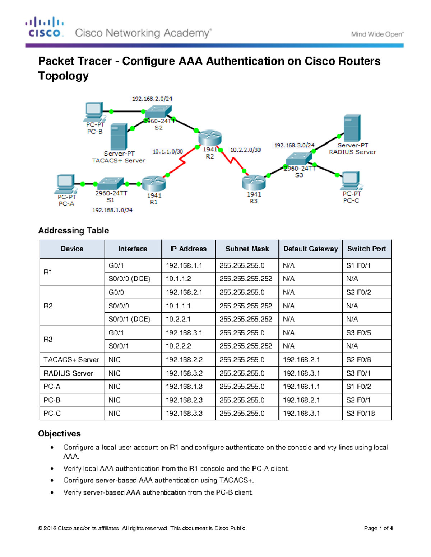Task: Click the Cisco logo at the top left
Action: [x=45, y=27]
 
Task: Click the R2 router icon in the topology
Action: [x=210, y=138]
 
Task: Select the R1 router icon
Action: [x=154, y=184]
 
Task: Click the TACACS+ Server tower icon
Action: [x=119, y=137]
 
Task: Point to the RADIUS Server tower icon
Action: [x=352, y=128]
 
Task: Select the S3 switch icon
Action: [x=299, y=159]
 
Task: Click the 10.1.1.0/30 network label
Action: [x=168, y=152]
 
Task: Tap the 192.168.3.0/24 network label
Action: [x=294, y=145]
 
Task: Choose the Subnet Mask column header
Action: [x=247, y=249]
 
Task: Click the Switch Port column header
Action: [x=366, y=249]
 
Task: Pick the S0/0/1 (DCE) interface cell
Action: [x=129, y=319]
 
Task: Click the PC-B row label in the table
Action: [x=52, y=400]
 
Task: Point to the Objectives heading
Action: [x=59, y=434]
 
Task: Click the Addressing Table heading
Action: [x=74, y=231]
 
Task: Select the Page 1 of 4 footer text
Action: [x=378, y=528]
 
